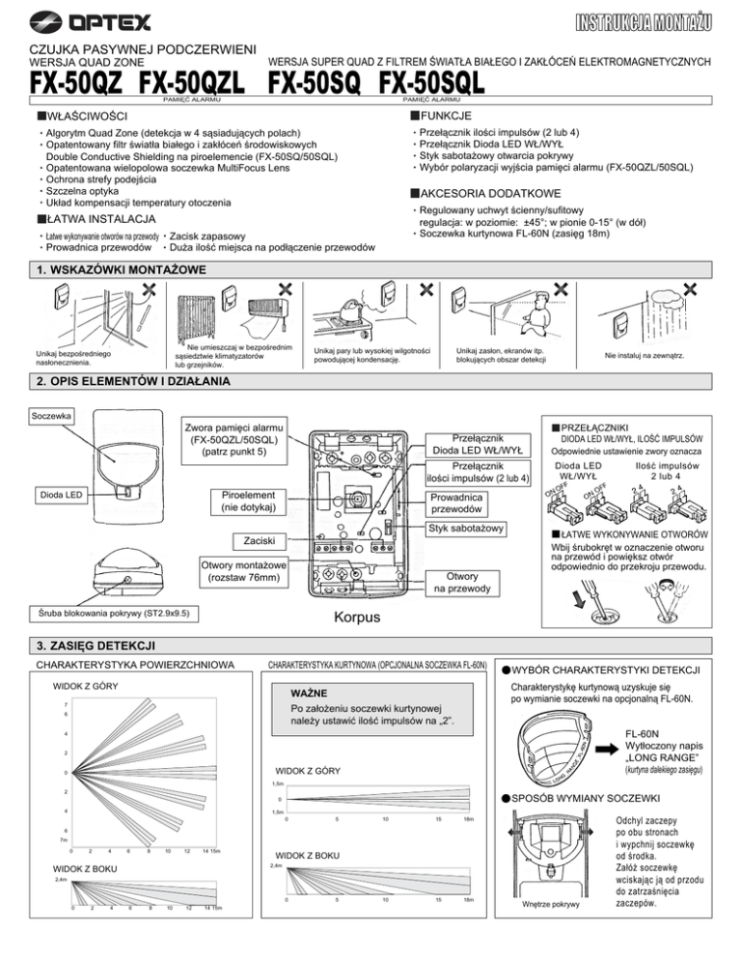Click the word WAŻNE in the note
coord(313,692)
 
